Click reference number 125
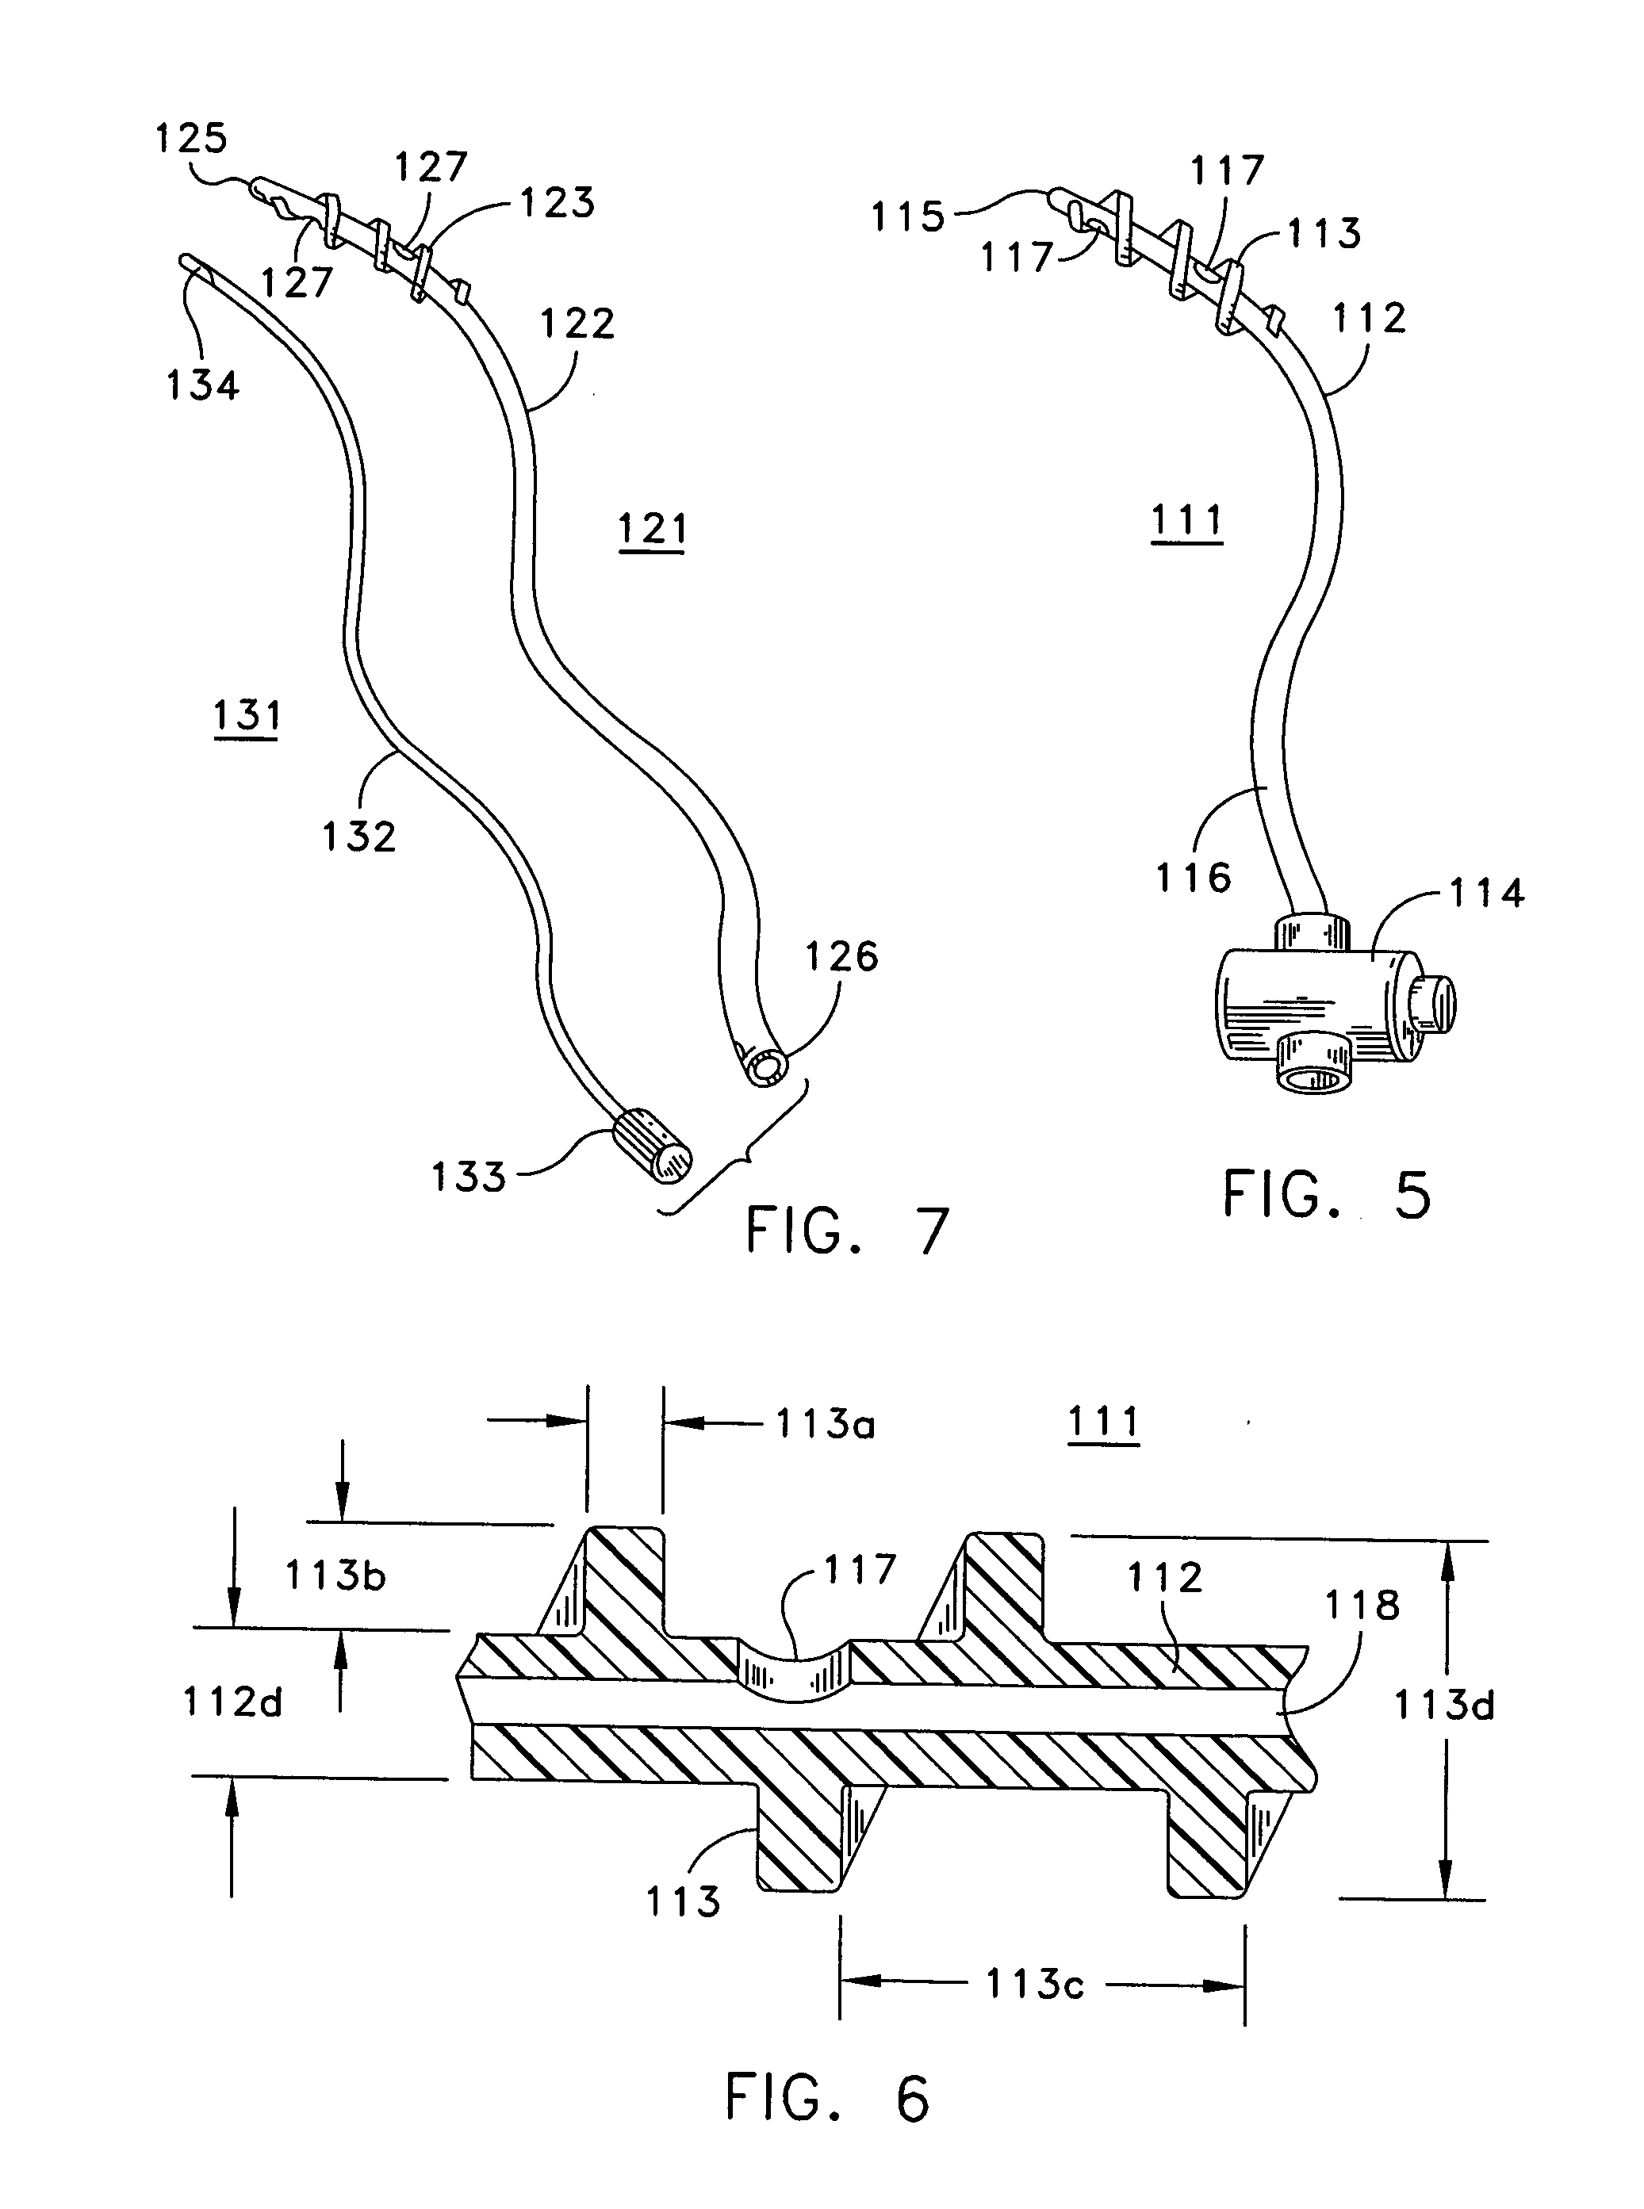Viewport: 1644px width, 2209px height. click(x=191, y=138)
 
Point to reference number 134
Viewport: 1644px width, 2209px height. click(x=203, y=385)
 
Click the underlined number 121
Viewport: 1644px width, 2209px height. click(x=653, y=530)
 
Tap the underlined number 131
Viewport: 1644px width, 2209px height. click(x=247, y=717)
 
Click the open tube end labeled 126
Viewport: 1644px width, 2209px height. click(x=765, y=1068)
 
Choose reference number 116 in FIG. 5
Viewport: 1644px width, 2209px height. click(x=1194, y=878)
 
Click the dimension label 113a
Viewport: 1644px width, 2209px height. click(x=825, y=1425)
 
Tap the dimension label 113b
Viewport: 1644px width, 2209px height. click(x=335, y=1575)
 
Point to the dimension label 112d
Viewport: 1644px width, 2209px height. click(x=233, y=1702)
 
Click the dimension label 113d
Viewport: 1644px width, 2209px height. click(x=1444, y=1706)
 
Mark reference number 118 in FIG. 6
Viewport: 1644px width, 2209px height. click(x=1362, y=1605)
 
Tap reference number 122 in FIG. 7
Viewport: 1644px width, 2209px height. click(x=578, y=324)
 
